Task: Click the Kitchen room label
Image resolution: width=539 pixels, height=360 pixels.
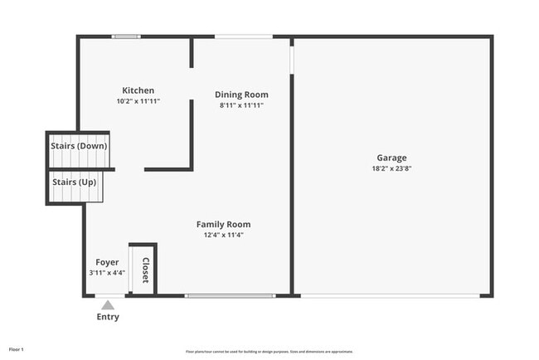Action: tap(138, 90)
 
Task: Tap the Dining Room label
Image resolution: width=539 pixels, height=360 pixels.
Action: tap(241, 95)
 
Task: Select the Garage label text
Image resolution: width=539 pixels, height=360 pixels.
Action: tap(391, 158)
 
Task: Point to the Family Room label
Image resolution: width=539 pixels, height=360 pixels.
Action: tap(223, 224)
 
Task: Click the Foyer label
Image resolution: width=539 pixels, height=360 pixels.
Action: tap(107, 262)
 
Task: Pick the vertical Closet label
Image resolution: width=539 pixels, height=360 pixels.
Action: tap(145, 270)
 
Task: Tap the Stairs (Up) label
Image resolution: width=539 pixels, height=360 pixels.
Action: tap(75, 181)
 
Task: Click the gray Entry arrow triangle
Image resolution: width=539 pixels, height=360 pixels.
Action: tap(108, 304)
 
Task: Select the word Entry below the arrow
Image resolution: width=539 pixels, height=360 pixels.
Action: tap(108, 317)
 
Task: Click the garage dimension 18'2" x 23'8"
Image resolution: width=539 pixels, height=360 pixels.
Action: tap(391, 168)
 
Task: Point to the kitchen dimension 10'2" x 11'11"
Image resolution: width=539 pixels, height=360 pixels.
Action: tap(138, 101)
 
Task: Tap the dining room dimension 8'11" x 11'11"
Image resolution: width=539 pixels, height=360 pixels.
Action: tap(241, 105)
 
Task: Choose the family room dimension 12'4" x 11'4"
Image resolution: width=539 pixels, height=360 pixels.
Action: tap(223, 235)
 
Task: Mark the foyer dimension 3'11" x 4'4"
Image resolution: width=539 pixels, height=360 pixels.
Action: tap(107, 273)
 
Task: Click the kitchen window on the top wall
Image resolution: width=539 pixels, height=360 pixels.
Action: tap(126, 36)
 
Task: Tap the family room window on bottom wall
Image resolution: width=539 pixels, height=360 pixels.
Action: tap(230, 295)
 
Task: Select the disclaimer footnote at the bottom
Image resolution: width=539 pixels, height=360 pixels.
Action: tap(269, 351)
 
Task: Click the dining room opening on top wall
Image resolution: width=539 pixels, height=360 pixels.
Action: tap(244, 36)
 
